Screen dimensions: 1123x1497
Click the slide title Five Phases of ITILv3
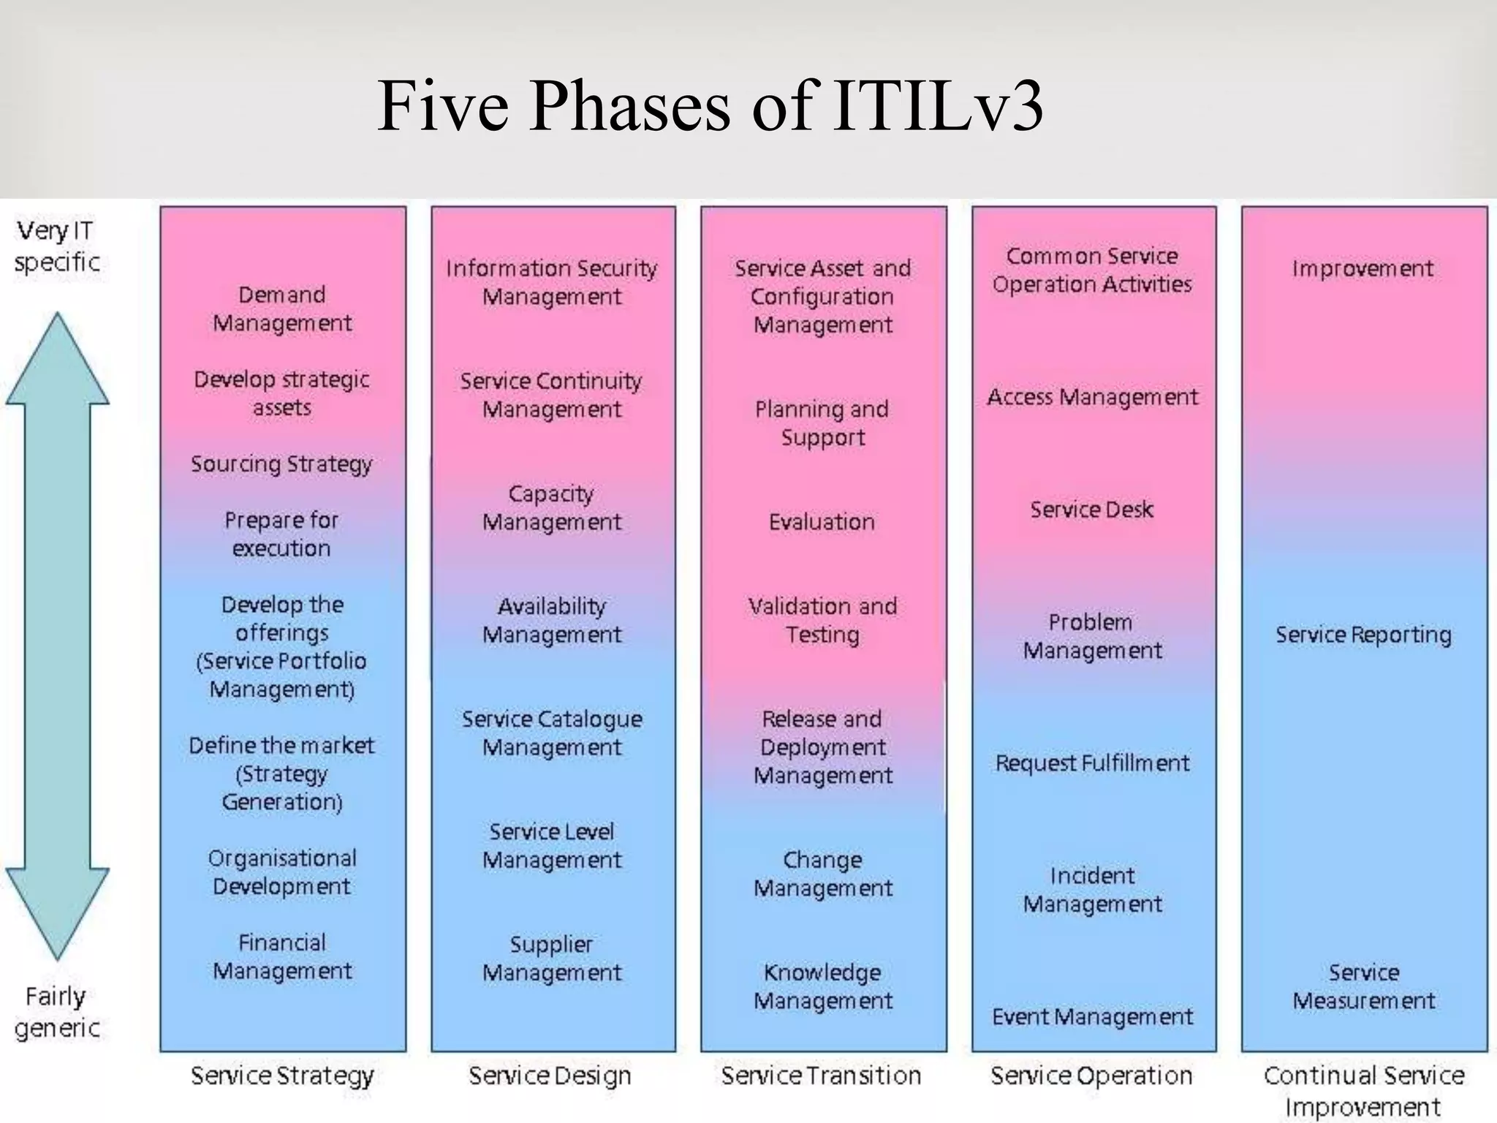point(710,107)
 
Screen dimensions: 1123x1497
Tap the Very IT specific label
point(56,246)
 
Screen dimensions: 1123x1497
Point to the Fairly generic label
point(56,1012)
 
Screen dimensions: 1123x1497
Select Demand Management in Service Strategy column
point(282,309)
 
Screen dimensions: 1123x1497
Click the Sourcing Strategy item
point(281,464)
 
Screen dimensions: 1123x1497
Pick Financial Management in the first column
point(282,956)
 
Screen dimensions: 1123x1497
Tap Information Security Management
point(552,282)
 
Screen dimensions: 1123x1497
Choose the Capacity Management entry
point(552,507)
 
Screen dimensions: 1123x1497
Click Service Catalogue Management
point(552,733)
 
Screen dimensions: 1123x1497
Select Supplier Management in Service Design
point(552,958)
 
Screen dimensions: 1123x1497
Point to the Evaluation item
point(822,522)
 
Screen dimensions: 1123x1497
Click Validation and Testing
point(822,620)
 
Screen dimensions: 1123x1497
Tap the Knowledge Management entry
point(823,986)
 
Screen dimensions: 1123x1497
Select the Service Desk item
point(1092,510)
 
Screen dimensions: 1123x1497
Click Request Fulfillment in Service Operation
point(1092,763)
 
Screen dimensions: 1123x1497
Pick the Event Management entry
point(1092,1017)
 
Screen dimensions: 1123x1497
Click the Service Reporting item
point(1363,635)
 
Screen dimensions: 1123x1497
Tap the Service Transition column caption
point(822,1075)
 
